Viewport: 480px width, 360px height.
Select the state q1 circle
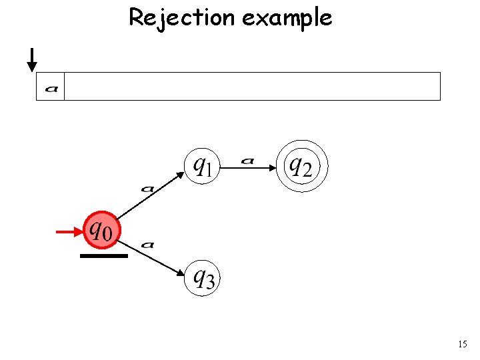point(201,164)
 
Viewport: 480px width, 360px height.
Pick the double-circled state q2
point(303,165)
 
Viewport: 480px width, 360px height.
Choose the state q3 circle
point(201,276)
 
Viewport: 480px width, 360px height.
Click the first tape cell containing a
point(50,87)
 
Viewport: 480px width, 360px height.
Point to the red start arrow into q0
point(69,232)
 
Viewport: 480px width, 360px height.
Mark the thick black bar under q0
point(103,255)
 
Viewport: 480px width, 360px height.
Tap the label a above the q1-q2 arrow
point(248,160)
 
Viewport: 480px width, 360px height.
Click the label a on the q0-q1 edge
point(147,189)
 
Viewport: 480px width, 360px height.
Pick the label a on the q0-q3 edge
point(148,245)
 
